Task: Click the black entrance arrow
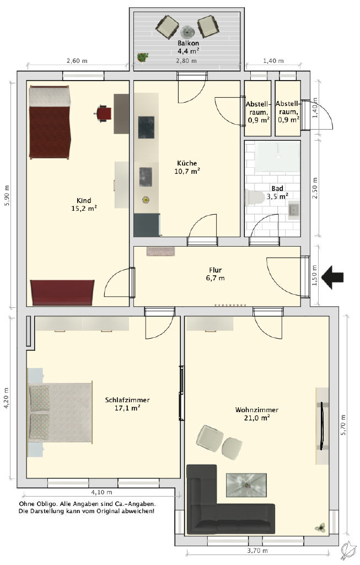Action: [332, 277]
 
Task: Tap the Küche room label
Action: [187, 163]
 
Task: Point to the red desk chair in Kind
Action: [104, 114]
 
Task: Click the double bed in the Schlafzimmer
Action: [60, 412]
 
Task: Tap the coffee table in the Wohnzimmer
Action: [246, 485]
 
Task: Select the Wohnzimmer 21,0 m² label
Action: [257, 414]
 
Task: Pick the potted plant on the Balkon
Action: [143, 57]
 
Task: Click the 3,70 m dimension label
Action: [257, 551]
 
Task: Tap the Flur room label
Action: [215, 270]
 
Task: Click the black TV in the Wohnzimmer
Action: [322, 426]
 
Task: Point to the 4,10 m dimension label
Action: [101, 492]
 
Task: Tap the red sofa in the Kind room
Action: [62, 292]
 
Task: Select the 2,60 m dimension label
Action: [77, 61]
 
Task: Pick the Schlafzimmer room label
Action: [127, 400]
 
